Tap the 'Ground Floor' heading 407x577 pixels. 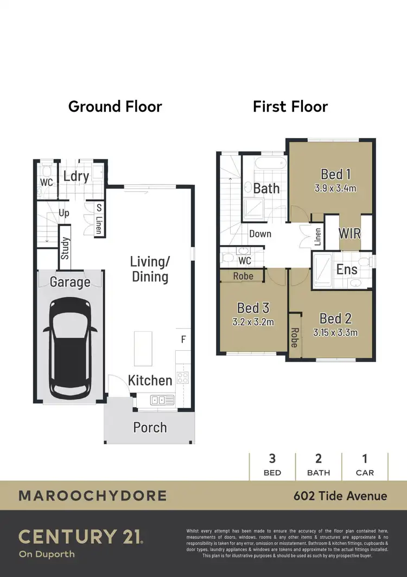coord(115,106)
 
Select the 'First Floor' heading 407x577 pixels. coord(290,106)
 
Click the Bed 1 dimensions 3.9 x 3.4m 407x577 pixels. coord(335,189)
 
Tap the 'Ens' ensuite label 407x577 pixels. coord(347,270)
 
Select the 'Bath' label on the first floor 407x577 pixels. coord(266,188)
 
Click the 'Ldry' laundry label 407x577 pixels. coord(76,176)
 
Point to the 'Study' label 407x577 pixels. coord(65,248)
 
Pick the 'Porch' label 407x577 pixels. coord(150,427)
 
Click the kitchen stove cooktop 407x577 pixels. coord(183,378)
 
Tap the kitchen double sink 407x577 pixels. coord(162,400)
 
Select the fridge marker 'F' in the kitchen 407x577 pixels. coord(183,340)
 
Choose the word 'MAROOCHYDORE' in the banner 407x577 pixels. coord(92,496)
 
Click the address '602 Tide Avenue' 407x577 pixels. coord(340,496)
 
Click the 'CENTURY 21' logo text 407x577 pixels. coord(81,537)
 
